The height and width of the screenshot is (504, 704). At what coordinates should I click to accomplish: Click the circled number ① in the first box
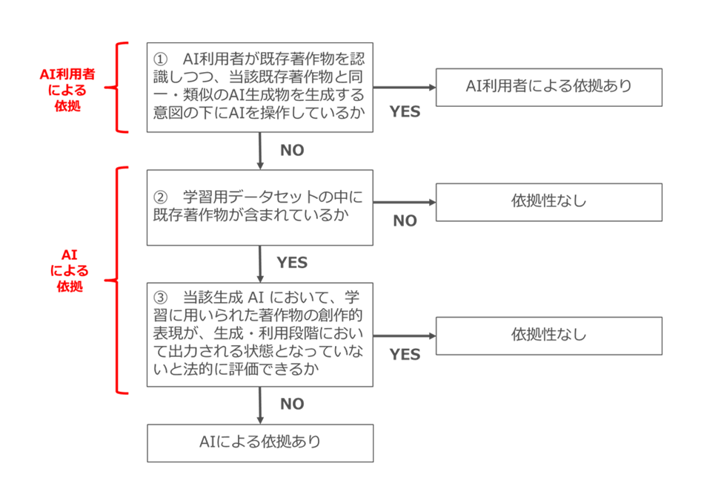click(x=160, y=59)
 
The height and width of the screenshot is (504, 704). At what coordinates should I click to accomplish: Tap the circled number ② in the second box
click(x=160, y=197)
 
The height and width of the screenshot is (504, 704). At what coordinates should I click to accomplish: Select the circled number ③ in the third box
click(x=160, y=297)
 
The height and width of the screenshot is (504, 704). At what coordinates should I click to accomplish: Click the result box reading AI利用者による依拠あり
click(x=548, y=88)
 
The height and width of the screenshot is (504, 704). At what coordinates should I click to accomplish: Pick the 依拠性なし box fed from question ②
click(x=548, y=203)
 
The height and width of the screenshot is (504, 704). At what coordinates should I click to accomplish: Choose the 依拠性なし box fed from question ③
click(x=548, y=336)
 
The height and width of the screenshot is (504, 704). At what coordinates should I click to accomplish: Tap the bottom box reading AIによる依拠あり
click(x=260, y=443)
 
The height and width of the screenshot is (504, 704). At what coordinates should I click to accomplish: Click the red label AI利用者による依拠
click(x=67, y=90)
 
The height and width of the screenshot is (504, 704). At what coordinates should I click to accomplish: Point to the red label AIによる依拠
click(x=69, y=271)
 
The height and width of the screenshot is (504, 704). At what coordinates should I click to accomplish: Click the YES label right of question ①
click(x=405, y=111)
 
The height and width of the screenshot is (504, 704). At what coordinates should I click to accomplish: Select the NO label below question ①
click(x=292, y=150)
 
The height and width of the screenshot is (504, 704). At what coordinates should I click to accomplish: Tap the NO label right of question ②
click(x=405, y=220)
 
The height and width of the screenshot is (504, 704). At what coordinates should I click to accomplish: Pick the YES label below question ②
click(x=292, y=263)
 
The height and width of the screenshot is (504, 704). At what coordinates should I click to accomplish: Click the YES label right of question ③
click(x=405, y=355)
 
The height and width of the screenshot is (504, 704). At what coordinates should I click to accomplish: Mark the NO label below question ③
click(x=292, y=405)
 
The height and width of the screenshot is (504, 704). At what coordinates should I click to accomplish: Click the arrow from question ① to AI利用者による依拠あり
click(x=405, y=88)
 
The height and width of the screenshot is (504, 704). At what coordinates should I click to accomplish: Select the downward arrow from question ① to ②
click(x=260, y=151)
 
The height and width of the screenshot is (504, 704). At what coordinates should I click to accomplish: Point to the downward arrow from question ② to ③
click(x=260, y=264)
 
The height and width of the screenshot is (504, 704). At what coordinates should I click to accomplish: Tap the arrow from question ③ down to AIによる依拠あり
click(x=260, y=405)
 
